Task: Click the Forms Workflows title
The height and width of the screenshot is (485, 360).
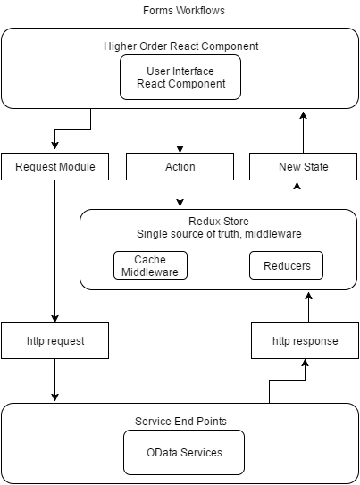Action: pyautogui.click(x=184, y=11)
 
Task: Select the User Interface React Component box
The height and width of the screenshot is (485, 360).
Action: pyautogui.click(x=180, y=78)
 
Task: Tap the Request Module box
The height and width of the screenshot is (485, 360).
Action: pyautogui.click(x=55, y=166)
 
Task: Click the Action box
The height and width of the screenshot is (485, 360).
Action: pyautogui.click(x=180, y=166)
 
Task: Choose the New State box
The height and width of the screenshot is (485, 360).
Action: pyautogui.click(x=303, y=166)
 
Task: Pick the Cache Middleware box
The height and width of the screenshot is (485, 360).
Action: pyautogui.click(x=150, y=265)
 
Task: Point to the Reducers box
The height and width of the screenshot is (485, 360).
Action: pyautogui.click(x=287, y=265)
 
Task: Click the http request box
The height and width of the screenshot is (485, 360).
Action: pyautogui.click(x=55, y=341)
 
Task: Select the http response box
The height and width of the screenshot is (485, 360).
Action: pyautogui.click(x=305, y=341)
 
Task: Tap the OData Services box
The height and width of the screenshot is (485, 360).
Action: pyautogui.click(x=184, y=452)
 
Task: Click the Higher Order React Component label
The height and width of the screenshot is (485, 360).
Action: pyautogui.click(x=181, y=46)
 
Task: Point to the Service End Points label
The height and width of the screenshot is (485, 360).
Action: pyautogui.click(x=180, y=421)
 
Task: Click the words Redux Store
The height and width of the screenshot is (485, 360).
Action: pyautogui.click(x=219, y=222)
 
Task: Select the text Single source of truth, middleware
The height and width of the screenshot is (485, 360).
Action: pyautogui.click(x=219, y=233)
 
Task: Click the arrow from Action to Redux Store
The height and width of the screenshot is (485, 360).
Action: pyautogui.click(x=180, y=193)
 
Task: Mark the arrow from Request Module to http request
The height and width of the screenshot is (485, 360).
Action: pyautogui.click(x=55, y=252)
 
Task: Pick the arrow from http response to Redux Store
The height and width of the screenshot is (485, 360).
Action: pyautogui.click(x=308, y=307)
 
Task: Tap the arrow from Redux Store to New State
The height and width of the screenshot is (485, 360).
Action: pyautogui.click(x=297, y=196)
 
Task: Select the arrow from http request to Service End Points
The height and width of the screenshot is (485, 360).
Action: pyautogui.click(x=55, y=380)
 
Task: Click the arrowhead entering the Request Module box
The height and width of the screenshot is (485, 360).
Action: pyautogui.click(x=55, y=146)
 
